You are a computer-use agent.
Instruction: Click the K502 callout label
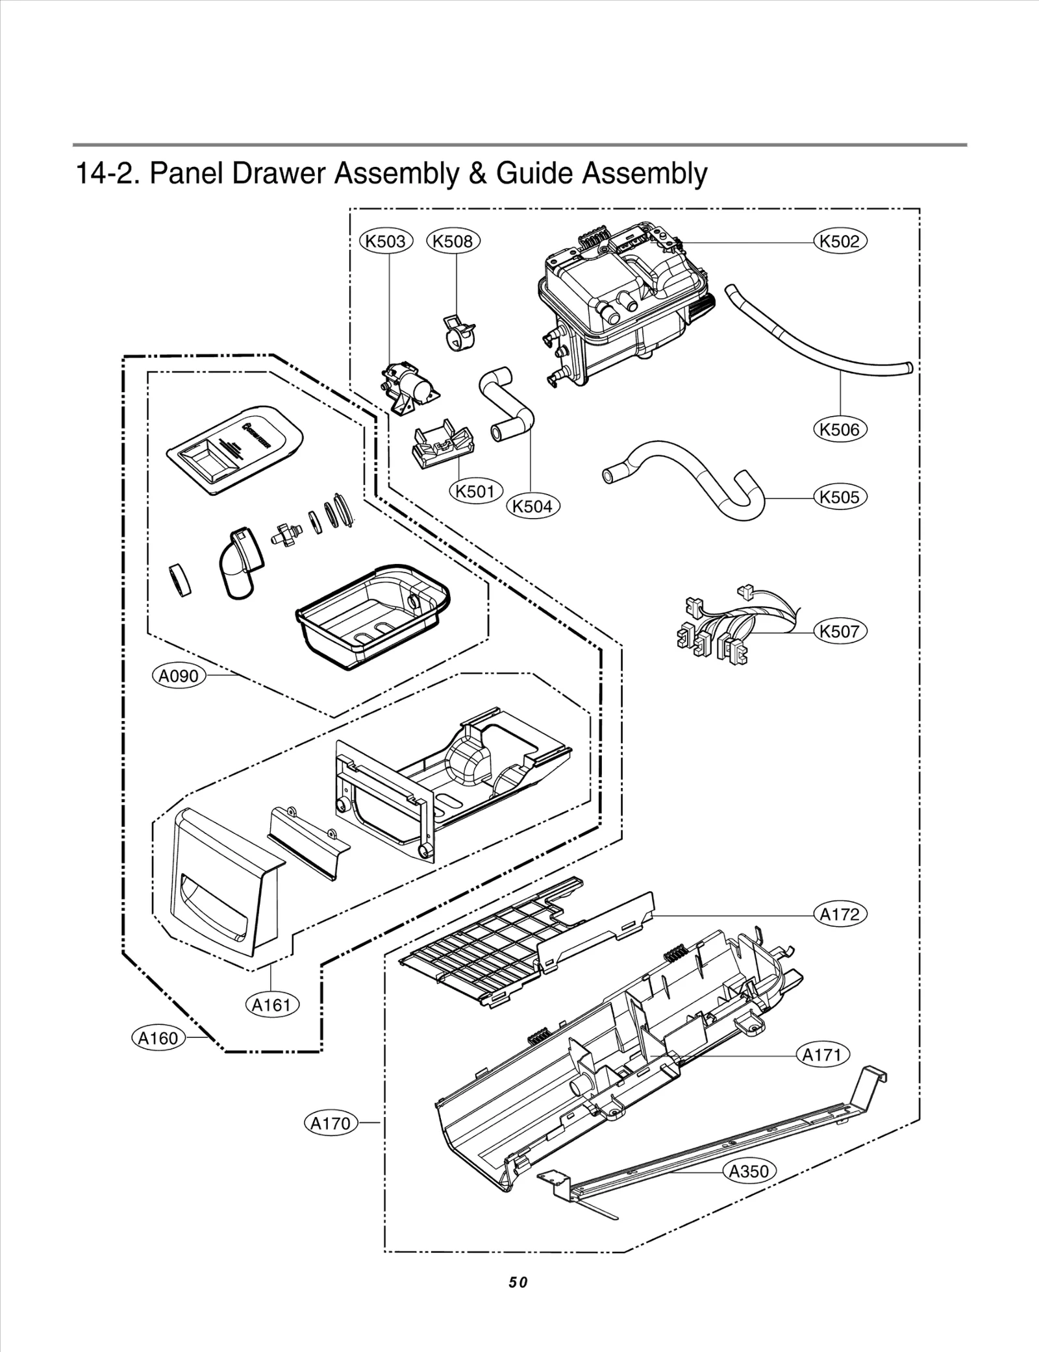point(840,241)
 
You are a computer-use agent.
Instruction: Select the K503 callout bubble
point(386,241)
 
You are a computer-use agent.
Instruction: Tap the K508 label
point(453,241)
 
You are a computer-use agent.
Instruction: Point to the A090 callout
point(179,676)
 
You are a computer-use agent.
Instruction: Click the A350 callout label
point(749,1172)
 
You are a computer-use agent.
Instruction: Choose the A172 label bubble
point(840,915)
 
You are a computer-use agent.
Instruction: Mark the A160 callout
point(158,1038)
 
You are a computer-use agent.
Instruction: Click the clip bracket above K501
point(442,441)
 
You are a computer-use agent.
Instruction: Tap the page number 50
point(518,1282)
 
